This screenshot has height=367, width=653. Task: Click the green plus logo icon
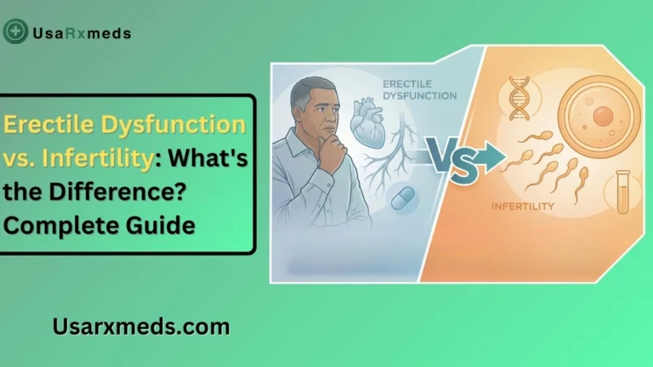[x=14, y=32]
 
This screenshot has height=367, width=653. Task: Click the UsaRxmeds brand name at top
[x=80, y=33]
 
